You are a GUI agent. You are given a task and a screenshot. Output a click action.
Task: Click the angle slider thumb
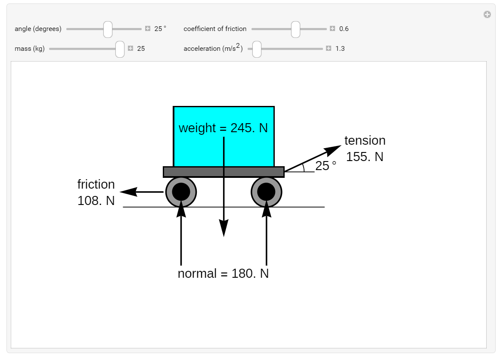pos(108,29)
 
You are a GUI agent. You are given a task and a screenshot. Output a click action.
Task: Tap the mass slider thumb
pos(120,49)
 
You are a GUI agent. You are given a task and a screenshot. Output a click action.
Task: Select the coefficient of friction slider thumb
pos(295,29)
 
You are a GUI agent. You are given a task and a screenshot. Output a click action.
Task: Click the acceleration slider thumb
pos(257,49)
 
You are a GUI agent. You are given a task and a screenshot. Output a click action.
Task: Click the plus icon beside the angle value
pos(148,29)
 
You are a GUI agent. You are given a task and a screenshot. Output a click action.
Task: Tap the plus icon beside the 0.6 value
pos(332,29)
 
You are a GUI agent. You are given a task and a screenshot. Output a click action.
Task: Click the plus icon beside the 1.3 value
pos(329,48)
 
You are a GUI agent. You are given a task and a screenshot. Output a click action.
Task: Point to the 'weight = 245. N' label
pos(223,128)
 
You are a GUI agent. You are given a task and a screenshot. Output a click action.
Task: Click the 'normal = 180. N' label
pos(223,273)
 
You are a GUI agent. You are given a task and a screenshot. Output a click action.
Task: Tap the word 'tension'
pos(365,141)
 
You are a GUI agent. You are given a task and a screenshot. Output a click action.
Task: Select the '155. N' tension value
pos(365,157)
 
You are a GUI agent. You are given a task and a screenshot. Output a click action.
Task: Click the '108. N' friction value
pos(96,201)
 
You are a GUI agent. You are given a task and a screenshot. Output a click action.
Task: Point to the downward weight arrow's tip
pos(224,235)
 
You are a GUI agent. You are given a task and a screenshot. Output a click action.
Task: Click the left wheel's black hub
pos(181,192)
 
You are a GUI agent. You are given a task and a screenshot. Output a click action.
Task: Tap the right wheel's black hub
pos(267,192)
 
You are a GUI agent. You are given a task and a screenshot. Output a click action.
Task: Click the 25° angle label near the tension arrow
pos(326,166)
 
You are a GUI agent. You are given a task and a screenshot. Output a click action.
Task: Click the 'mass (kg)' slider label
pos(30,49)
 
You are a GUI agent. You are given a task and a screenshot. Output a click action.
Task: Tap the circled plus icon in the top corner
pos(487,15)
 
